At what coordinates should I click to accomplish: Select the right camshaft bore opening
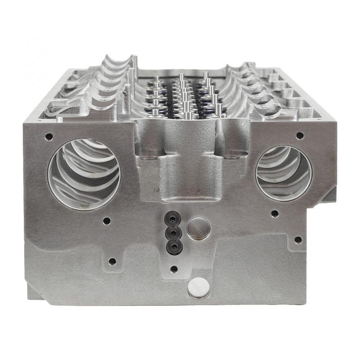pos(283,173)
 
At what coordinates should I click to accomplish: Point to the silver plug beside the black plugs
pos(198,228)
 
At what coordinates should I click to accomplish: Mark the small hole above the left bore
pos(49,136)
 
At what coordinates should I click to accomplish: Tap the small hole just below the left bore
pos(107,221)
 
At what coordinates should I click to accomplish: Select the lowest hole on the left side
pos(112,261)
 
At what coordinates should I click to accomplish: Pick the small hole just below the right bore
pos(274,214)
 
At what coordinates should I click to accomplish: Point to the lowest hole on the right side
pos(297,239)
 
